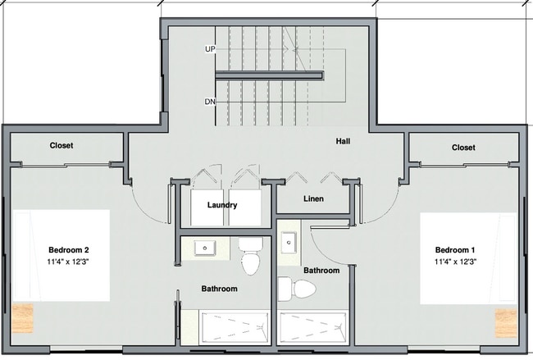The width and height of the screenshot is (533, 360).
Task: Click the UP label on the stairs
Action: click(x=211, y=49)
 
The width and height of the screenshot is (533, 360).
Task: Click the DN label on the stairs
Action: click(x=211, y=103)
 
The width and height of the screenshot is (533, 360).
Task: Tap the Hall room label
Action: click(x=344, y=141)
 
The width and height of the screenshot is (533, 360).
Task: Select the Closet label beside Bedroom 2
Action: click(x=61, y=145)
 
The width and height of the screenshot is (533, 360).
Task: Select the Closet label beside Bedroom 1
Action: click(x=463, y=148)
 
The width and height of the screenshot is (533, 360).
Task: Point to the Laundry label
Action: click(x=222, y=205)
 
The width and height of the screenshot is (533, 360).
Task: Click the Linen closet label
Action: click(x=313, y=199)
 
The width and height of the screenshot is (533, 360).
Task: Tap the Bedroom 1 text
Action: click(x=456, y=250)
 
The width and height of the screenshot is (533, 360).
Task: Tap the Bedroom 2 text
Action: click(x=68, y=250)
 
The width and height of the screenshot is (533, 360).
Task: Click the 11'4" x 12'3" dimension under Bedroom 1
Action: click(x=456, y=262)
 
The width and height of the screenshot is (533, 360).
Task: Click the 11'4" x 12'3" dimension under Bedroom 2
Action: click(x=68, y=262)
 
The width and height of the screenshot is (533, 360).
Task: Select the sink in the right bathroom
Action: click(x=289, y=243)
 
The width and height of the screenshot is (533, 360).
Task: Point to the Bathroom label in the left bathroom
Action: click(x=220, y=289)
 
